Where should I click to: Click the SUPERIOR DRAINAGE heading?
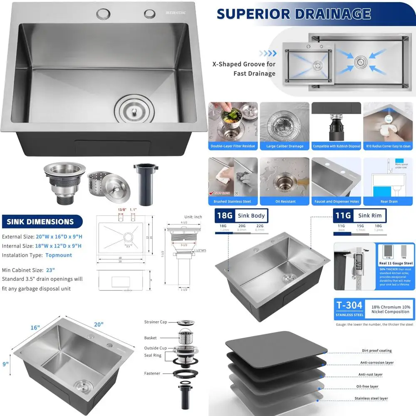[293, 13]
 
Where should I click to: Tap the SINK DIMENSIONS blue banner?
[40, 222]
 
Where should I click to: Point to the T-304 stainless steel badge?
[349, 308]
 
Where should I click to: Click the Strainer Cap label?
[156, 322]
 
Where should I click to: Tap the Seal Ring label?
[153, 355]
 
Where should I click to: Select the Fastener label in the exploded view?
[152, 373]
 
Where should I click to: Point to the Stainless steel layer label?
[371, 398]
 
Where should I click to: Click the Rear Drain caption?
[389, 201]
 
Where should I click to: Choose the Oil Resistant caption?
[285, 201]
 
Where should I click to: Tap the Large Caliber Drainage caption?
[285, 146]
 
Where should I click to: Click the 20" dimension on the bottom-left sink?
[99, 324]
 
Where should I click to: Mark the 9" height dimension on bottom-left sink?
[5, 364]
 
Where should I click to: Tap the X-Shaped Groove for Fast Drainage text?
[244, 69]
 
